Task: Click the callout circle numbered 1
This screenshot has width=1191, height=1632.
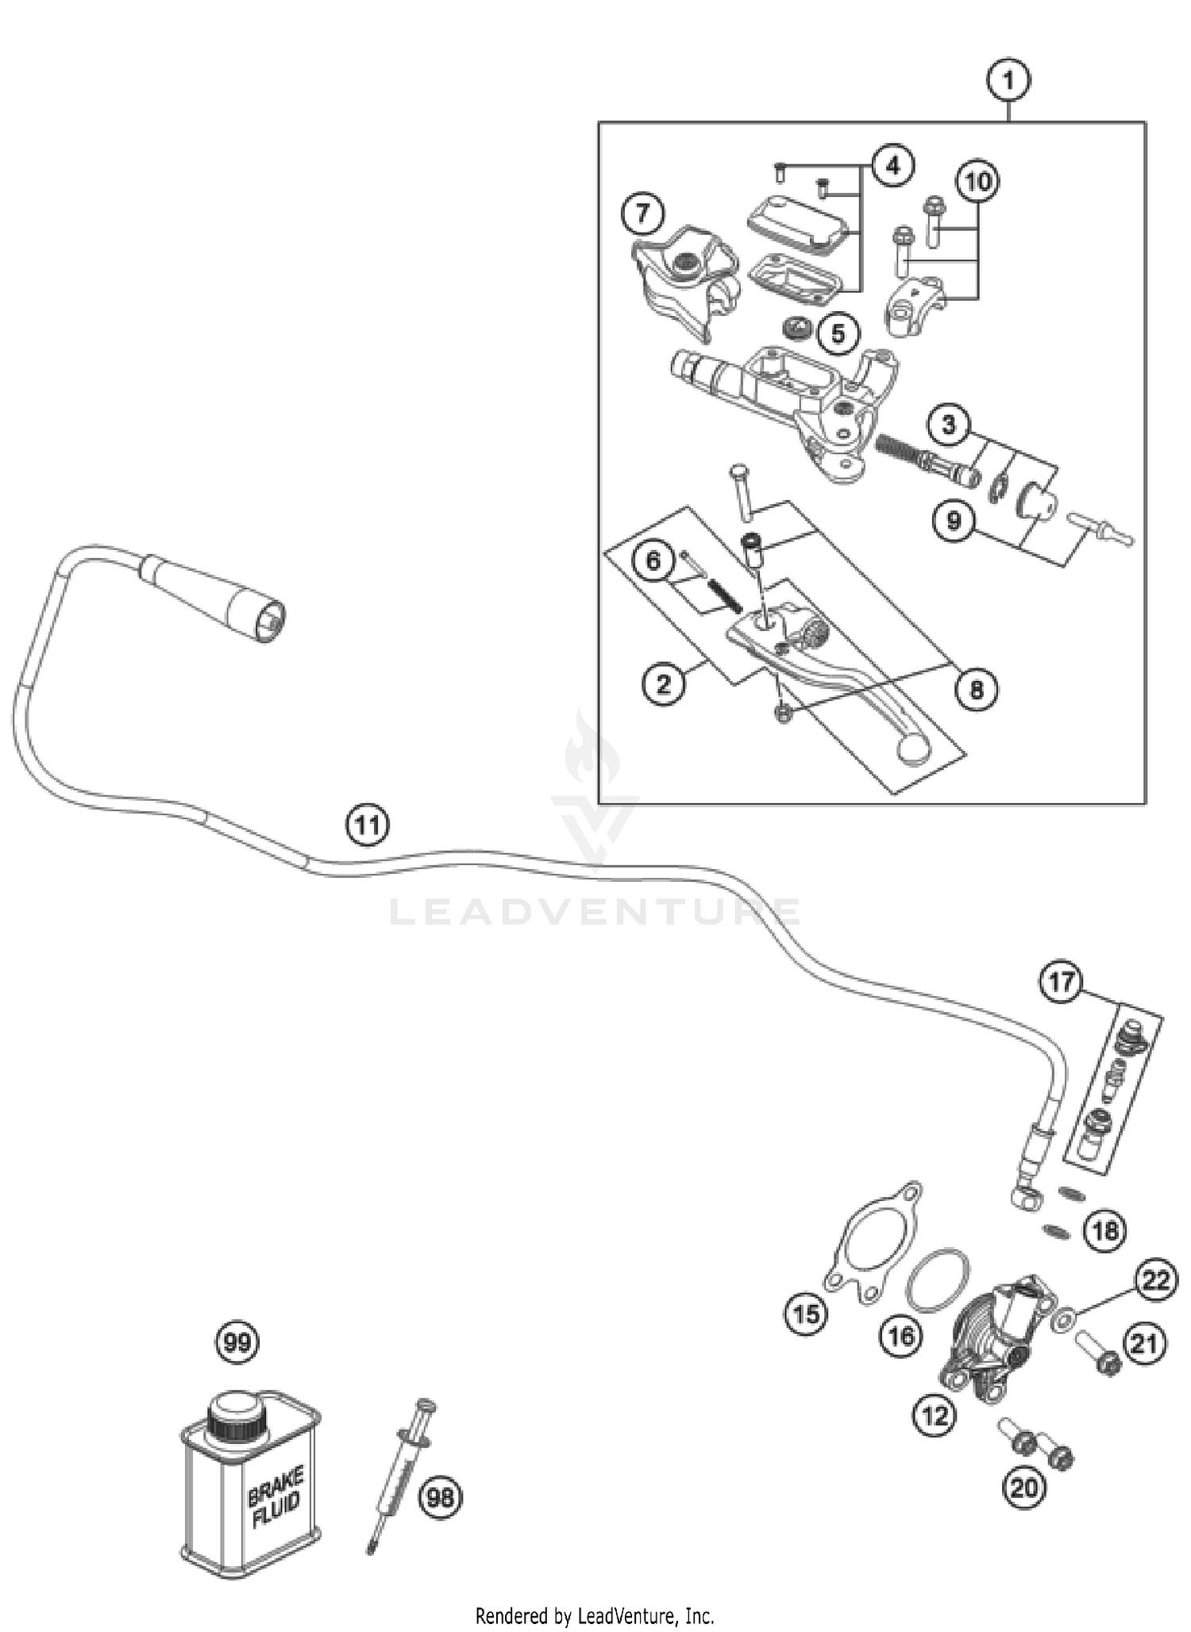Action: pyautogui.click(x=1008, y=81)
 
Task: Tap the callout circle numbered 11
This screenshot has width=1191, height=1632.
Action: pyautogui.click(x=368, y=826)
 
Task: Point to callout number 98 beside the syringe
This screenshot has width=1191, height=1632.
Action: pyautogui.click(x=441, y=1497)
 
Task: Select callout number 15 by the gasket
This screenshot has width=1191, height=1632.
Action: pyautogui.click(x=807, y=1315)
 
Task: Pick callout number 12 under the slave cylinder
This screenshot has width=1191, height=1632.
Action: pyautogui.click(x=935, y=1415)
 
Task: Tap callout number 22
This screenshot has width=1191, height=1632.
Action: pyautogui.click(x=1157, y=1281)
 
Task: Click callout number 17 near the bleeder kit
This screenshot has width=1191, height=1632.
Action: pyautogui.click(x=1062, y=982)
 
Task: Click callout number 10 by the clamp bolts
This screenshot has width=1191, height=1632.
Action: pyautogui.click(x=977, y=181)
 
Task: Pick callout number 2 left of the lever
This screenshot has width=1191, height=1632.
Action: pyautogui.click(x=664, y=683)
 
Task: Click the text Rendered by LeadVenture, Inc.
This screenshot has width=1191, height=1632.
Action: pyautogui.click(x=595, y=1615)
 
